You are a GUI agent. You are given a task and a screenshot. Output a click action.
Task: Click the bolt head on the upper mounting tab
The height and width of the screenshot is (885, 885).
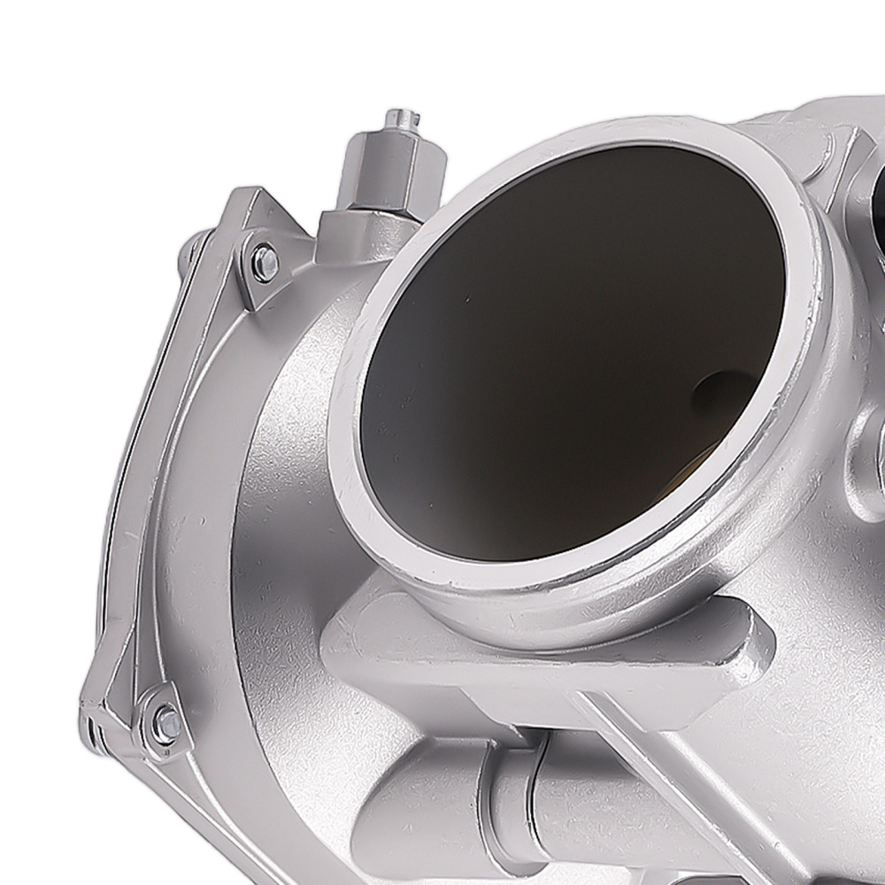[x=264, y=264]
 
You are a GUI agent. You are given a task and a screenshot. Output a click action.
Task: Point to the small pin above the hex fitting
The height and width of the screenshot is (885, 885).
[x=403, y=117]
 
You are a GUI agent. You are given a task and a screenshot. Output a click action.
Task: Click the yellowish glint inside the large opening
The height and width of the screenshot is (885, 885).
[x=695, y=460]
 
